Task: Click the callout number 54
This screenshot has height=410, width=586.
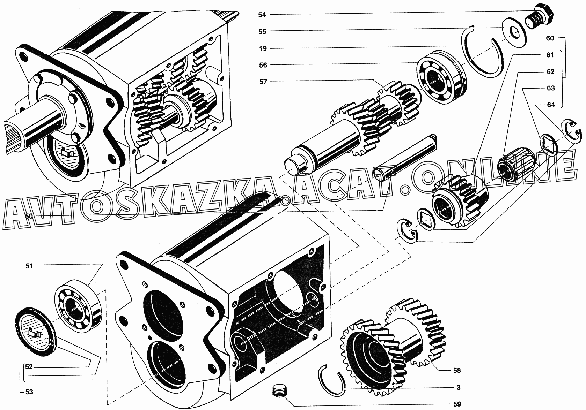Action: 262,15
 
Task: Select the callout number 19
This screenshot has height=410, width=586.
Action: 263,48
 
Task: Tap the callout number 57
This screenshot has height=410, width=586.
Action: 263,82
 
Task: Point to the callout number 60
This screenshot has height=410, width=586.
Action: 550,38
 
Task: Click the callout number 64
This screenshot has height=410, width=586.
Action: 551,105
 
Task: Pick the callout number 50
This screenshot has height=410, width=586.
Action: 29,216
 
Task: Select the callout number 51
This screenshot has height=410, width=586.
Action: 29,266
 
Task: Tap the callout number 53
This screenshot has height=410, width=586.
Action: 29,392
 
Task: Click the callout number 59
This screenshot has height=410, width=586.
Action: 457,404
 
